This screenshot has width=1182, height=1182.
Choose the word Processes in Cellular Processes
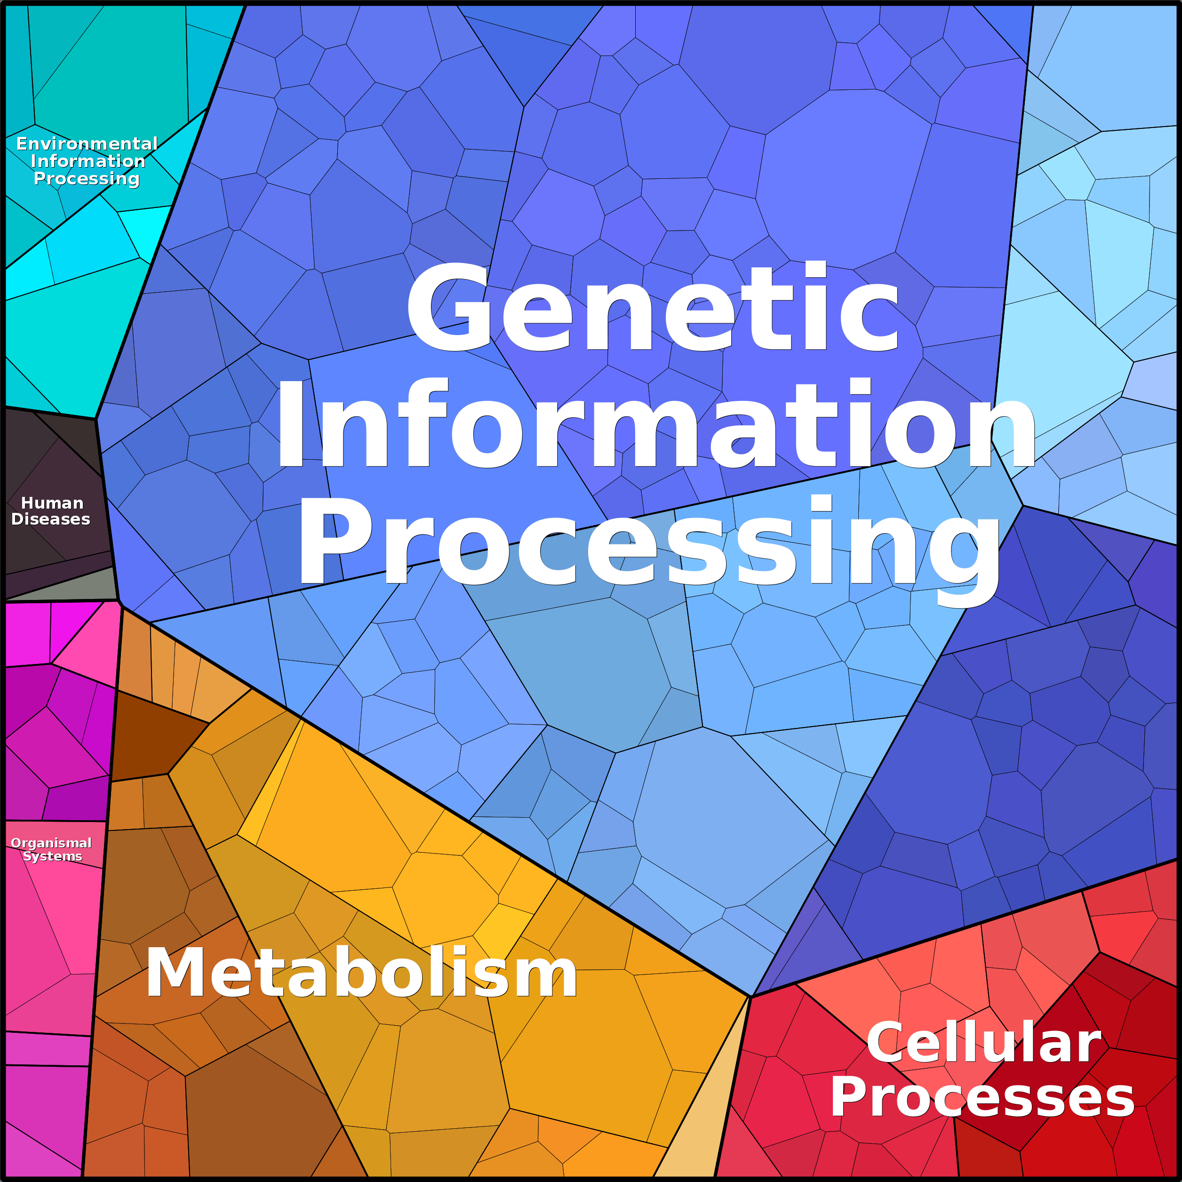[x=982, y=1098]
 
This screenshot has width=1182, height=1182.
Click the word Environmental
[x=87, y=144]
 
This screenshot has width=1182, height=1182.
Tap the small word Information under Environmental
[x=88, y=161]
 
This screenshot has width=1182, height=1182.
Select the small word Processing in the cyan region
[x=87, y=179]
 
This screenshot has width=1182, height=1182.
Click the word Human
[x=52, y=503]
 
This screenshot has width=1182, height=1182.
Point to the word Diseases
[x=51, y=519]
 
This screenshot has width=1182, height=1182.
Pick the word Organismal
[x=51, y=844]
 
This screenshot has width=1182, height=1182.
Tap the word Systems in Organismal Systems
[x=53, y=856]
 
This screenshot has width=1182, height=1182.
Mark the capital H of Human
[x=28, y=503]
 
